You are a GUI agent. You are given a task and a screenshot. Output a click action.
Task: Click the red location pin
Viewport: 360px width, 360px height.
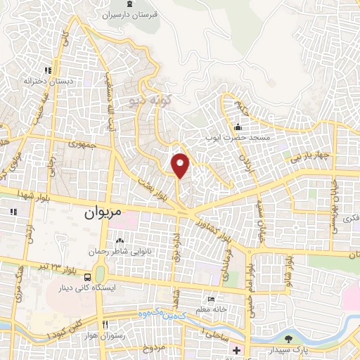point(181,165)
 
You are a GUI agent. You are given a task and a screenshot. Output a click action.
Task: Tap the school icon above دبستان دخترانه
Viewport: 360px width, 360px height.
point(48,70)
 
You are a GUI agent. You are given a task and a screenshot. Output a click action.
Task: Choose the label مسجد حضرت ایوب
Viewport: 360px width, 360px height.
point(238,139)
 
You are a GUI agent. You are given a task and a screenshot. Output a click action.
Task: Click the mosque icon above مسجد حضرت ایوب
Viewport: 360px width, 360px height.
point(238,127)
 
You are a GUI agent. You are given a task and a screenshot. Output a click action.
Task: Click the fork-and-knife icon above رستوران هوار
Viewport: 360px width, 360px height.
point(105,324)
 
